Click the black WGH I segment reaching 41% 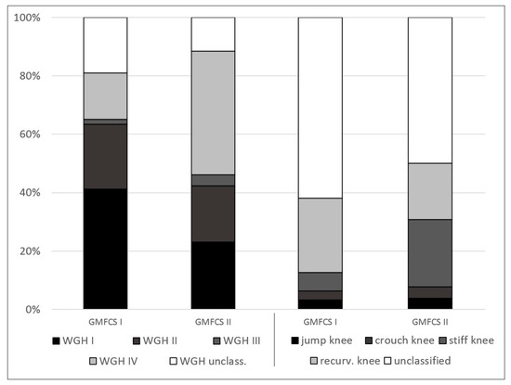pyautogui.click(x=105, y=249)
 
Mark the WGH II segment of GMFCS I pyautogui.click(x=105, y=156)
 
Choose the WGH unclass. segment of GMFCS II pyautogui.click(x=213, y=33)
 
